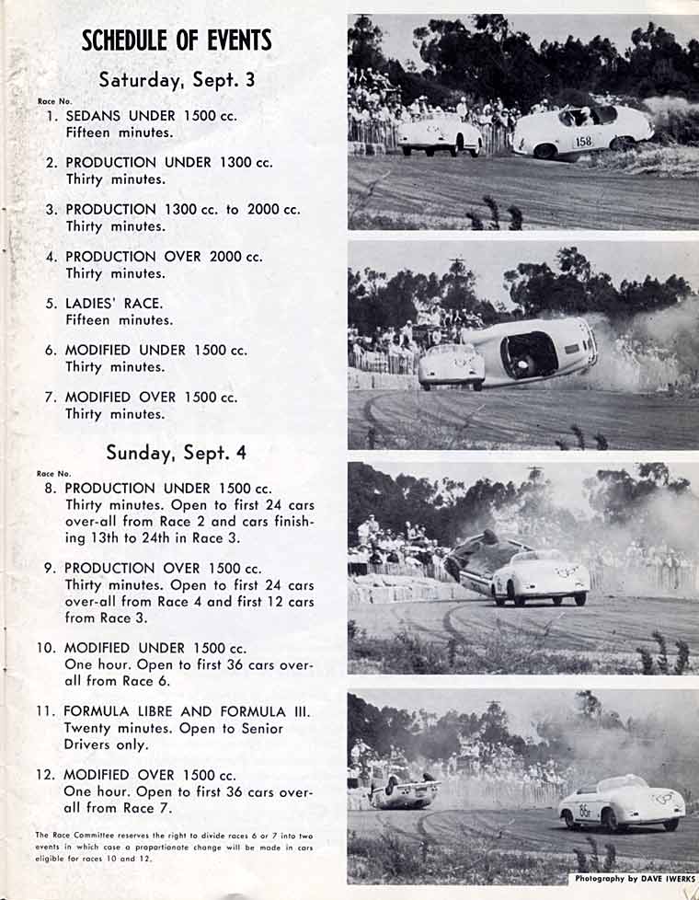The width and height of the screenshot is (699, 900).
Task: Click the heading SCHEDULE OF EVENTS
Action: point(177,40)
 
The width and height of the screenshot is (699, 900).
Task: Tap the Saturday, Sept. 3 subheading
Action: point(177,80)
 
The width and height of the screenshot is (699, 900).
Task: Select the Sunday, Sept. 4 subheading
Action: point(176,453)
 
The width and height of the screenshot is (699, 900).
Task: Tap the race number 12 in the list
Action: point(46,775)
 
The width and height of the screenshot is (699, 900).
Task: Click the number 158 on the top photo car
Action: point(584,142)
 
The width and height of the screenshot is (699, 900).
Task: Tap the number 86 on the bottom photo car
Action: point(585,811)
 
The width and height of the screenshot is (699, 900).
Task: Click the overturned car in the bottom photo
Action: point(404,791)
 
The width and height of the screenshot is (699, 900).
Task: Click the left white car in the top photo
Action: point(440,134)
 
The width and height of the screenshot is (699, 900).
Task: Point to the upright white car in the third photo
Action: point(540,578)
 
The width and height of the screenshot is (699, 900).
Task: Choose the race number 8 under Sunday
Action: point(51,489)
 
